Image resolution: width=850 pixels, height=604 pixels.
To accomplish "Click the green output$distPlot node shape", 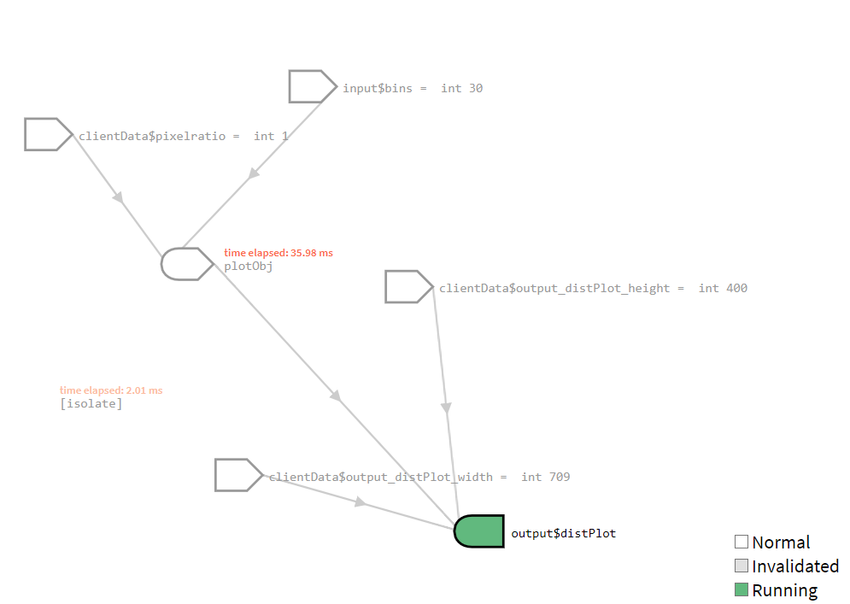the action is coord(479,531).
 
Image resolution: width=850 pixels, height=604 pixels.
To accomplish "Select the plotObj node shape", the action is coord(186,264).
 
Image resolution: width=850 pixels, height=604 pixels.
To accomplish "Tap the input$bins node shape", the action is coord(312,86).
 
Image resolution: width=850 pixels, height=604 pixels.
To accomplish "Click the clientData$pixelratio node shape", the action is coord(48,134).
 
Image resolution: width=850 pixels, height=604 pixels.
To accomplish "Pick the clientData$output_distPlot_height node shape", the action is coord(408,287).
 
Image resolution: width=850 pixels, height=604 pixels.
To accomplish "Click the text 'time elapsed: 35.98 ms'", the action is coord(278,253).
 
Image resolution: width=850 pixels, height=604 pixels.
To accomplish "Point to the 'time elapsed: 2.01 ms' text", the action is coord(111,390).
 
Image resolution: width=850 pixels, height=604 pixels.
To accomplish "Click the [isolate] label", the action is coord(91,403).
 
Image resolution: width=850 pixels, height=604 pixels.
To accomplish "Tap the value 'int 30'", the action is coord(462,88).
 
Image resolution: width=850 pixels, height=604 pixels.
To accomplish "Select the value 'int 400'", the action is coord(723,288).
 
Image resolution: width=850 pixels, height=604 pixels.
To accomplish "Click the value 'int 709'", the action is coord(545,477).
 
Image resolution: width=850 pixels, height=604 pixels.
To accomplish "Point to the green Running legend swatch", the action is coord(742,589).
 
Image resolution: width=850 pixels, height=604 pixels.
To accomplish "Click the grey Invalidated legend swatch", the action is coord(742,566).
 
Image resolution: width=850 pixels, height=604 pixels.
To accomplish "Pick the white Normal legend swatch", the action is coord(742,542).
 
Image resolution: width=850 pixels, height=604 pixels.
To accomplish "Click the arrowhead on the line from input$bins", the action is coord(253,174).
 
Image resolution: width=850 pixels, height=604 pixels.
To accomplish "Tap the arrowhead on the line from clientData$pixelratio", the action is coord(119,197).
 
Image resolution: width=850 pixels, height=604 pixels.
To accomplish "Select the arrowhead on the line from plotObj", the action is coord(337,396).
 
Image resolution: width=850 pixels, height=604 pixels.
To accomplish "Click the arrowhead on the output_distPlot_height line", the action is coord(446,408).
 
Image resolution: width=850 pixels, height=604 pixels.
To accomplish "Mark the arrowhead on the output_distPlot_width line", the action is coord(361,502).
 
